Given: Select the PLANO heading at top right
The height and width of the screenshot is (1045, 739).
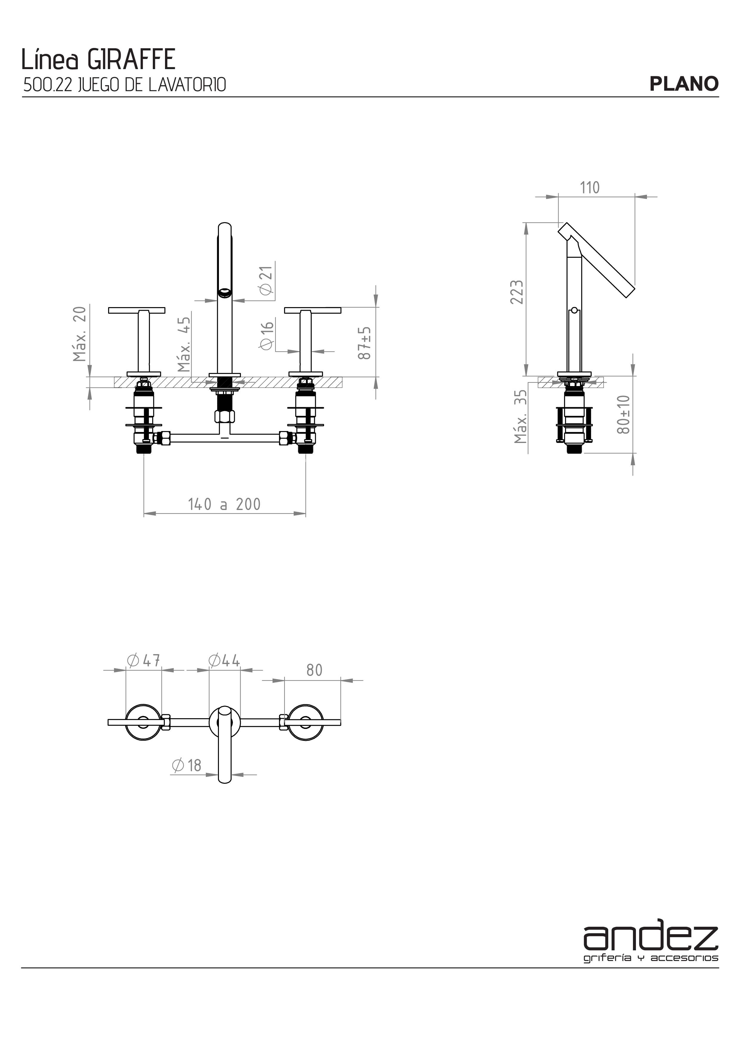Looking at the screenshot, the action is pyautogui.click(x=684, y=84).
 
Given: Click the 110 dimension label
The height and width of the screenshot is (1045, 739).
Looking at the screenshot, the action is pyautogui.click(x=590, y=187).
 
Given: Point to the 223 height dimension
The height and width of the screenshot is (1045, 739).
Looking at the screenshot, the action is pyautogui.click(x=517, y=292).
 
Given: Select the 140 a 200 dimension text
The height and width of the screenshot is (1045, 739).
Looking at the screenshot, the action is pyautogui.click(x=224, y=504).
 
